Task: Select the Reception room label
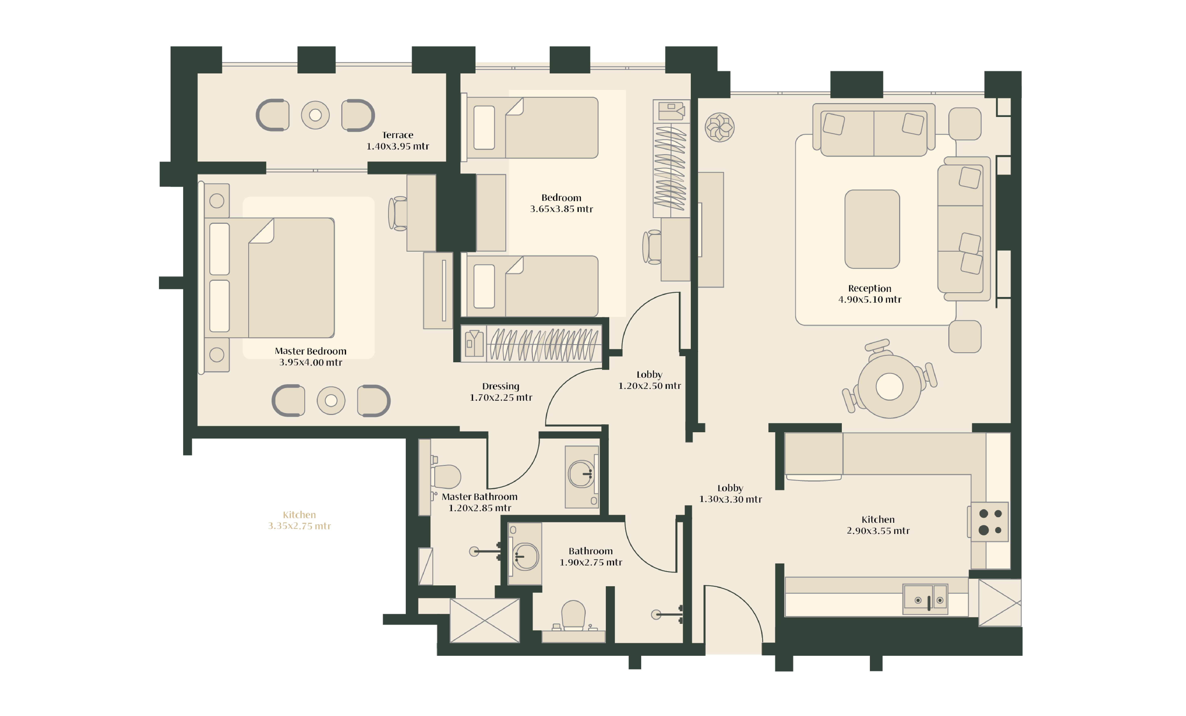click(870, 294)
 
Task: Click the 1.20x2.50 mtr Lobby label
click(649, 380)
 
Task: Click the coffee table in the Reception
click(872, 229)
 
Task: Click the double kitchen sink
click(925, 599)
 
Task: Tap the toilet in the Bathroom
click(573, 615)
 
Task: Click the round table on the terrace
click(315, 115)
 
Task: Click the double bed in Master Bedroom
click(270, 278)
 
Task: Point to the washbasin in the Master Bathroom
click(582, 474)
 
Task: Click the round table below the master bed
click(331, 401)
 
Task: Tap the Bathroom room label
click(591, 557)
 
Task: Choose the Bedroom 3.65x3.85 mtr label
click(561, 203)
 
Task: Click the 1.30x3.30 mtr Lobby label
click(730, 493)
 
